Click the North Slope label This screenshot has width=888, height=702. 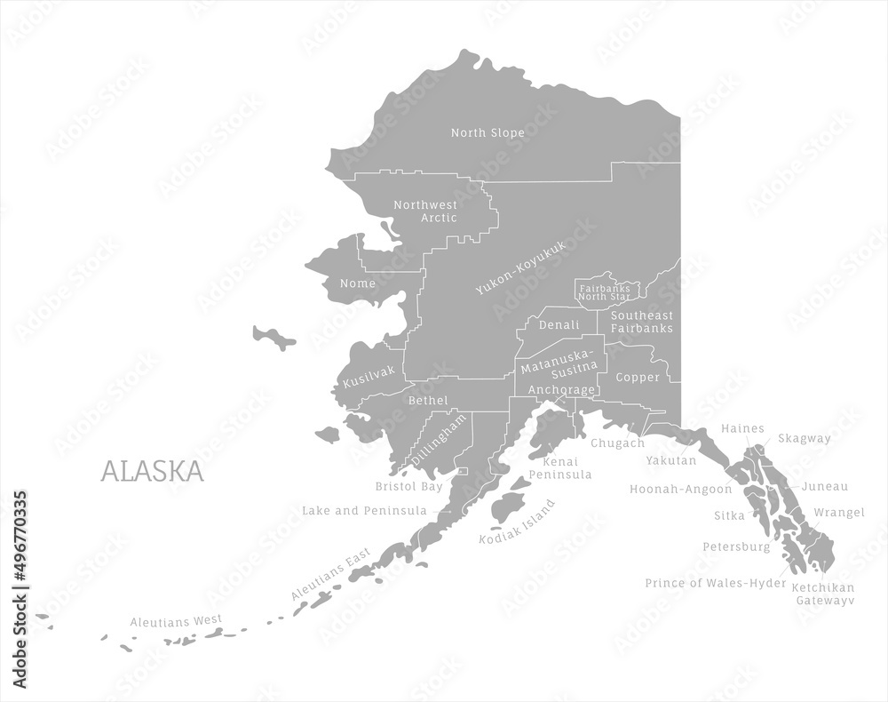pyautogui.click(x=488, y=133)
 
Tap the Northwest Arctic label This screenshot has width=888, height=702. pyautogui.click(x=425, y=211)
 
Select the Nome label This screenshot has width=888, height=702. pyautogui.click(x=358, y=283)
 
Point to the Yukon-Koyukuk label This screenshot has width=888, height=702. pyautogui.click(x=520, y=267)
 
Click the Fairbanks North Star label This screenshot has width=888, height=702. pyautogui.click(x=605, y=292)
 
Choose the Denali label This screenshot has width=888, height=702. pyautogui.click(x=559, y=325)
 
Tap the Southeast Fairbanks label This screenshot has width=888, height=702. pyautogui.click(x=641, y=322)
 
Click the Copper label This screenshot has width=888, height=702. pyautogui.click(x=638, y=378)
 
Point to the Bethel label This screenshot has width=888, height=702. pyautogui.click(x=428, y=401)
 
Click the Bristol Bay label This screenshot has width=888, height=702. pyautogui.click(x=408, y=487)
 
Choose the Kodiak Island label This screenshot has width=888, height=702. pyautogui.click(x=517, y=522)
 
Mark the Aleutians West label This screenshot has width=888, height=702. pyautogui.click(x=176, y=621)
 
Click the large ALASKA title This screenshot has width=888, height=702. pyautogui.click(x=152, y=471)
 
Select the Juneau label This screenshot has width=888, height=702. pyautogui.click(x=825, y=487)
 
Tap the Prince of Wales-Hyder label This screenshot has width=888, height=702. pyautogui.click(x=716, y=584)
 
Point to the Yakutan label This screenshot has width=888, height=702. pyautogui.click(x=671, y=461)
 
